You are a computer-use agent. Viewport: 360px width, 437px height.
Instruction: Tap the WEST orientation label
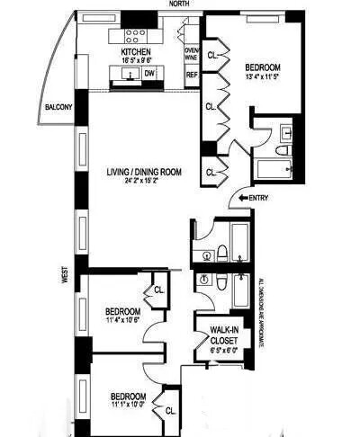(x=65, y=274)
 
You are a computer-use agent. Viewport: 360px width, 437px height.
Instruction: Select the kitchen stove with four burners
(x=135, y=36)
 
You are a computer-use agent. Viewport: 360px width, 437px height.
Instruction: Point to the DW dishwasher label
(x=150, y=74)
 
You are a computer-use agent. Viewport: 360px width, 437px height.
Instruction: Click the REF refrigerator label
(x=191, y=75)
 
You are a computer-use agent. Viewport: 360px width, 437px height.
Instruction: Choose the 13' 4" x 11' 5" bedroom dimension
(x=263, y=76)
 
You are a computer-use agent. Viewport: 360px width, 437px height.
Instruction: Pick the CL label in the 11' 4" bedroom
(x=157, y=290)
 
